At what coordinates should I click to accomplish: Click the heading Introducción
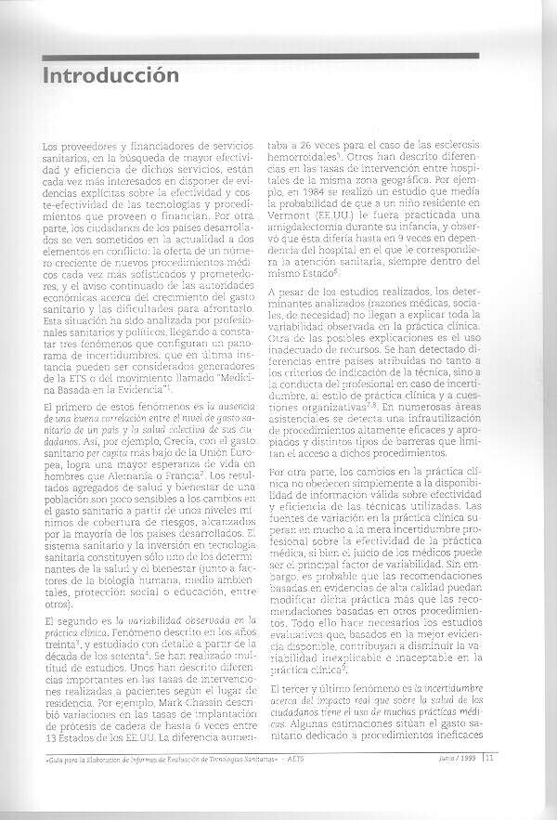coord(110,77)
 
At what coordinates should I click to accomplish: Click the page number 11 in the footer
coord(488,783)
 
